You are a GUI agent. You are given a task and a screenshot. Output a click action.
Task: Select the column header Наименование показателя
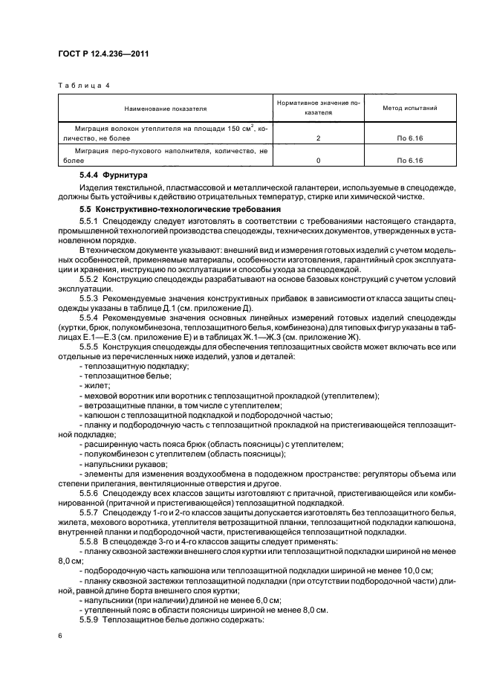[166, 109]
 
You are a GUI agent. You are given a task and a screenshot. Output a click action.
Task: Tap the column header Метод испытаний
[409, 109]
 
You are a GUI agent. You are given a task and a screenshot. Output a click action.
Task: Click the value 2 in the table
[317, 139]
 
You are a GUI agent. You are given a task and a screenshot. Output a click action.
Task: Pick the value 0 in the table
[317, 160]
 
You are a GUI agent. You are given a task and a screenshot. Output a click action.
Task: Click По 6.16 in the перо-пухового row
[409, 160]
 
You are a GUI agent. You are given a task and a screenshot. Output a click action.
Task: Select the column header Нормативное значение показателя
[317, 109]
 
